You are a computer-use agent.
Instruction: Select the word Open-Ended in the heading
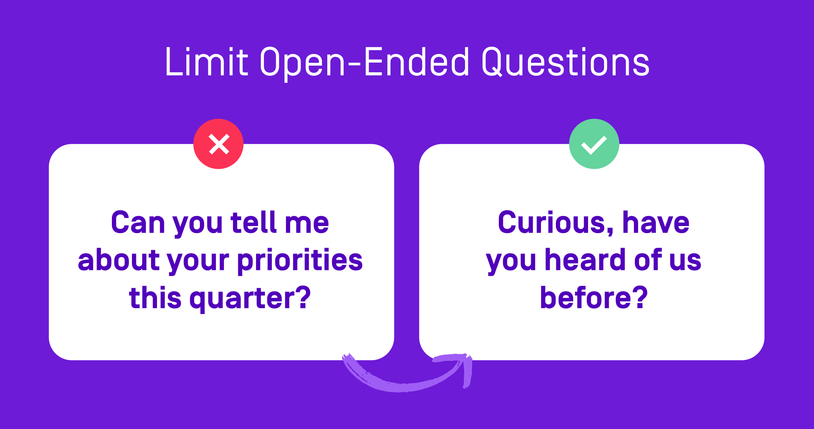click(365, 62)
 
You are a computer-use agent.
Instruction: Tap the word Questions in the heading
click(565, 62)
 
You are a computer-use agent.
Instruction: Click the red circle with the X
click(218, 144)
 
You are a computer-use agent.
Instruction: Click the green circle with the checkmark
click(594, 144)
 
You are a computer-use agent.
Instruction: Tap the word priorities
click(300, 261)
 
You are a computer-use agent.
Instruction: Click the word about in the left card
click(118, 261)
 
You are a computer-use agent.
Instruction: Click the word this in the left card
click(155, 298)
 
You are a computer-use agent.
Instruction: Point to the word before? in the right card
click(594, 298)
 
